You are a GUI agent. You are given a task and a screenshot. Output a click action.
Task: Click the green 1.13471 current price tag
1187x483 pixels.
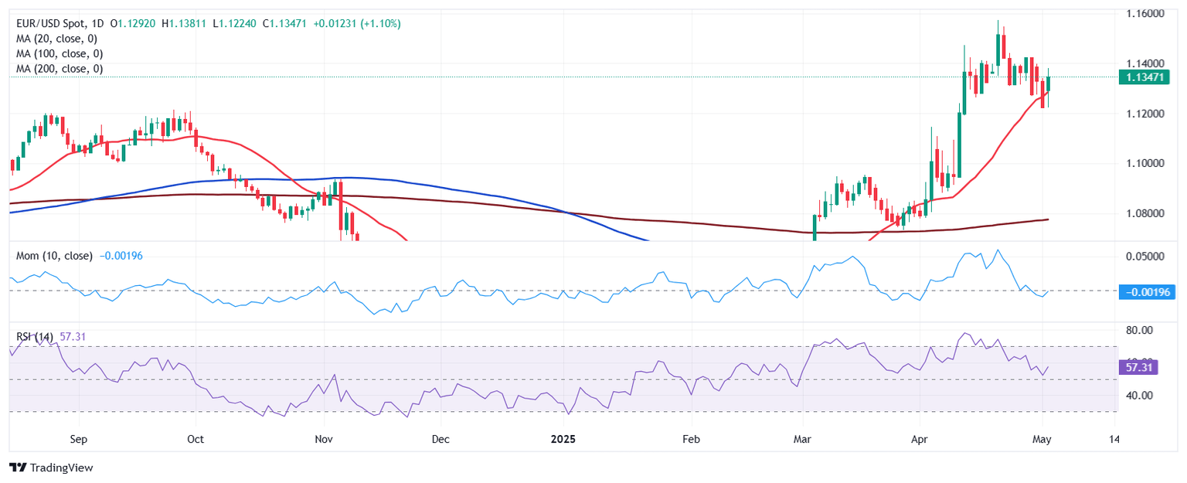click(x=1143, y=77)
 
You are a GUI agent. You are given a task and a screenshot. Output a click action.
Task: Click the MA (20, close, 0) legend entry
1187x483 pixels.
click(x=60, y=39)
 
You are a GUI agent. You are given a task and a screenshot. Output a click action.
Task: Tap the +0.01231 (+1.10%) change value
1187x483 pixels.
click(x=356, y=24)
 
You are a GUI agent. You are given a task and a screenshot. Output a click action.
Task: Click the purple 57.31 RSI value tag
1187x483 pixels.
click(x=1134, y=368)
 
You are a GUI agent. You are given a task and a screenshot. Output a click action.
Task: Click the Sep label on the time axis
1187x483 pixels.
click(x=78, y=439)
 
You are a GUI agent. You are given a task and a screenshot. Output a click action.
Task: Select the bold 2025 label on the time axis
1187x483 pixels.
click(x=563, y=439)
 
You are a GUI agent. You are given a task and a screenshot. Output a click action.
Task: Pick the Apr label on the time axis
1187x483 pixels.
click(x=920, y=439)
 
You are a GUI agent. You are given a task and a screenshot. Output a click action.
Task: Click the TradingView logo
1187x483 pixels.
click(x=51, y=468)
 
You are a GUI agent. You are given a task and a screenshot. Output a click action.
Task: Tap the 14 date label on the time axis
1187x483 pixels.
click(x=1114, y=439)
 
